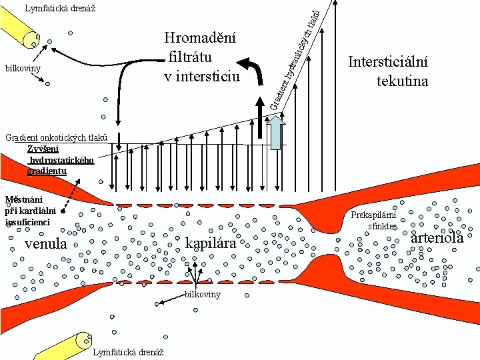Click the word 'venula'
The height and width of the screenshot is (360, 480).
[x=45, y=244]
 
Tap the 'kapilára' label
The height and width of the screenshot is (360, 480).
[x=211, y=243]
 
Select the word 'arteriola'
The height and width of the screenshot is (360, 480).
[x=437, y=237]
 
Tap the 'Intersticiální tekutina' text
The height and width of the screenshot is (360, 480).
[x=388, y=71]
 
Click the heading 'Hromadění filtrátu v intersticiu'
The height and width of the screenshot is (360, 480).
[x=201, y=57]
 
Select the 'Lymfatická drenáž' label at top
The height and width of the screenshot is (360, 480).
[x=59, y=9]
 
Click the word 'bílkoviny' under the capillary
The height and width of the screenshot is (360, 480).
[x=203, y=295]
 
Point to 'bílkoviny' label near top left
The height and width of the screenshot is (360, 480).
[x=23, y=69]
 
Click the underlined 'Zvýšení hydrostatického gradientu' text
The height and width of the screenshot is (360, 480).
[x=61, y=160]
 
